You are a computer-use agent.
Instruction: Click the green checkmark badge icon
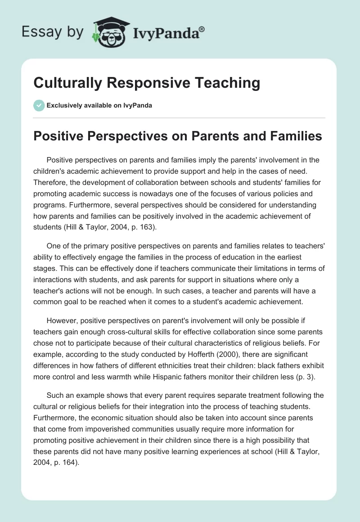coord(39,105)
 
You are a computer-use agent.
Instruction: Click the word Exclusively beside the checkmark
coord(63,105)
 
